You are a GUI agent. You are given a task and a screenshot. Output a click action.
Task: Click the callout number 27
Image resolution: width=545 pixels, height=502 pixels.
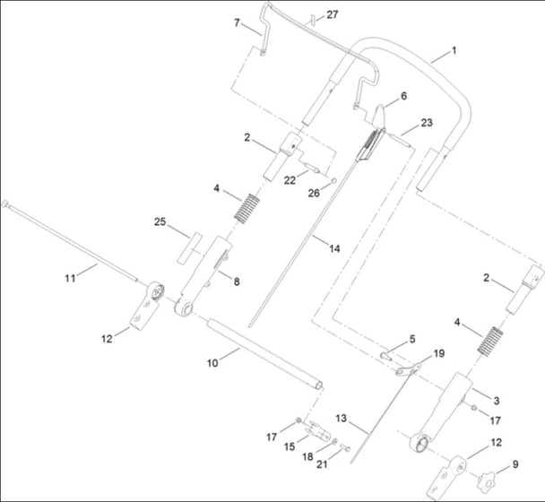(x=332, y=14)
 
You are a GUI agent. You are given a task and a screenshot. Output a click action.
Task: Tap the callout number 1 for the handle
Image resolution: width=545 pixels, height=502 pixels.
(x=454, y=51)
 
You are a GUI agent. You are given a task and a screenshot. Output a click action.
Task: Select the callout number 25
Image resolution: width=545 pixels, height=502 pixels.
(x=160, y=221)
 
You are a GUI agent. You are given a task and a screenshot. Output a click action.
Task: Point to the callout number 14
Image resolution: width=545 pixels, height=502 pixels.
(x=334, y=248)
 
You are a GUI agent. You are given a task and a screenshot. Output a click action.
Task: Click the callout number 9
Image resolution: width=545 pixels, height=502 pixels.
(x=515, y=464)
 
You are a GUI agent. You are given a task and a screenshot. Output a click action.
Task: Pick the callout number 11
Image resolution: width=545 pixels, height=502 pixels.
(x=70, y=278)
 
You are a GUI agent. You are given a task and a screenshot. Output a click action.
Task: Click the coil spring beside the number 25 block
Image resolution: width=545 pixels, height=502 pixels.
(x=247, y=209)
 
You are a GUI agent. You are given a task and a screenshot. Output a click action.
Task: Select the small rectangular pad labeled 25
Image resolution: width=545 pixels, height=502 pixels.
(x=189, y=248)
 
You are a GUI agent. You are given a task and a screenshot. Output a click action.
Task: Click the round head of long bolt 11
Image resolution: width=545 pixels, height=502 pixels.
(x=4, y=203)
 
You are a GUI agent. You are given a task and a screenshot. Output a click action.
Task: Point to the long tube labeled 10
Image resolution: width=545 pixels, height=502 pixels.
(x=264, y=354)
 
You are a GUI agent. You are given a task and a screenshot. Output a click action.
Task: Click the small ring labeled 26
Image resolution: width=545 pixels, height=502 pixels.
(x=334, y=181)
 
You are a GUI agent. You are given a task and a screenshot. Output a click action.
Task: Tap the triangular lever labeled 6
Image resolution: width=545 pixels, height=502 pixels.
(x=378, y=115)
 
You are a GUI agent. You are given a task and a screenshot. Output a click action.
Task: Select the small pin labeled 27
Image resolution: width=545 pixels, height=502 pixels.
(x=313, y=20)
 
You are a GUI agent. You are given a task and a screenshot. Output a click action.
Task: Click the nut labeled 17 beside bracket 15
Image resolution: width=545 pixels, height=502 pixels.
(x=298, y=420)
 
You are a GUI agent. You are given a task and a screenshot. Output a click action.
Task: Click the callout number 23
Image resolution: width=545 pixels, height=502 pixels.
(x=427, y=123)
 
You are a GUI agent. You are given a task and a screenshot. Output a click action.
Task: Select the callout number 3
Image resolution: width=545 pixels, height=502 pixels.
(x=497, y=401)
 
